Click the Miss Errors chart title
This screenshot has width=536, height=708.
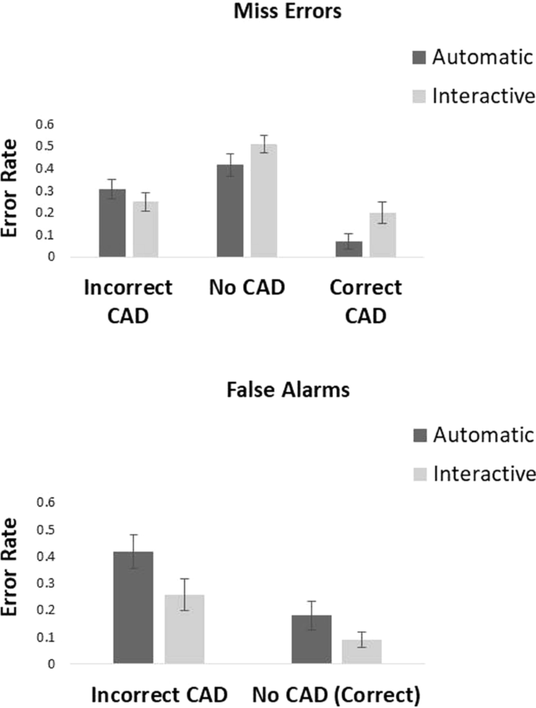(268, 13)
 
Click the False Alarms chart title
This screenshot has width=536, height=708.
(268, 389)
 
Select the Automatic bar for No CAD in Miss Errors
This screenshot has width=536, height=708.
(230, 210)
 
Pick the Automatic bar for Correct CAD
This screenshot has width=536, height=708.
(349, 249)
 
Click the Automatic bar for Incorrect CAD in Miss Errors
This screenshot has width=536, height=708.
(112, 223)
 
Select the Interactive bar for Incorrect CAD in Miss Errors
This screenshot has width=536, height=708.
(146, 228)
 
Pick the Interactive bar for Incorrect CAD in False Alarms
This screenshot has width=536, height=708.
(184, 629)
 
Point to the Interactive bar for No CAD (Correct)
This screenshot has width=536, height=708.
(362, 652)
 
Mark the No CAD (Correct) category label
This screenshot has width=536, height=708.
(337, 694)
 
